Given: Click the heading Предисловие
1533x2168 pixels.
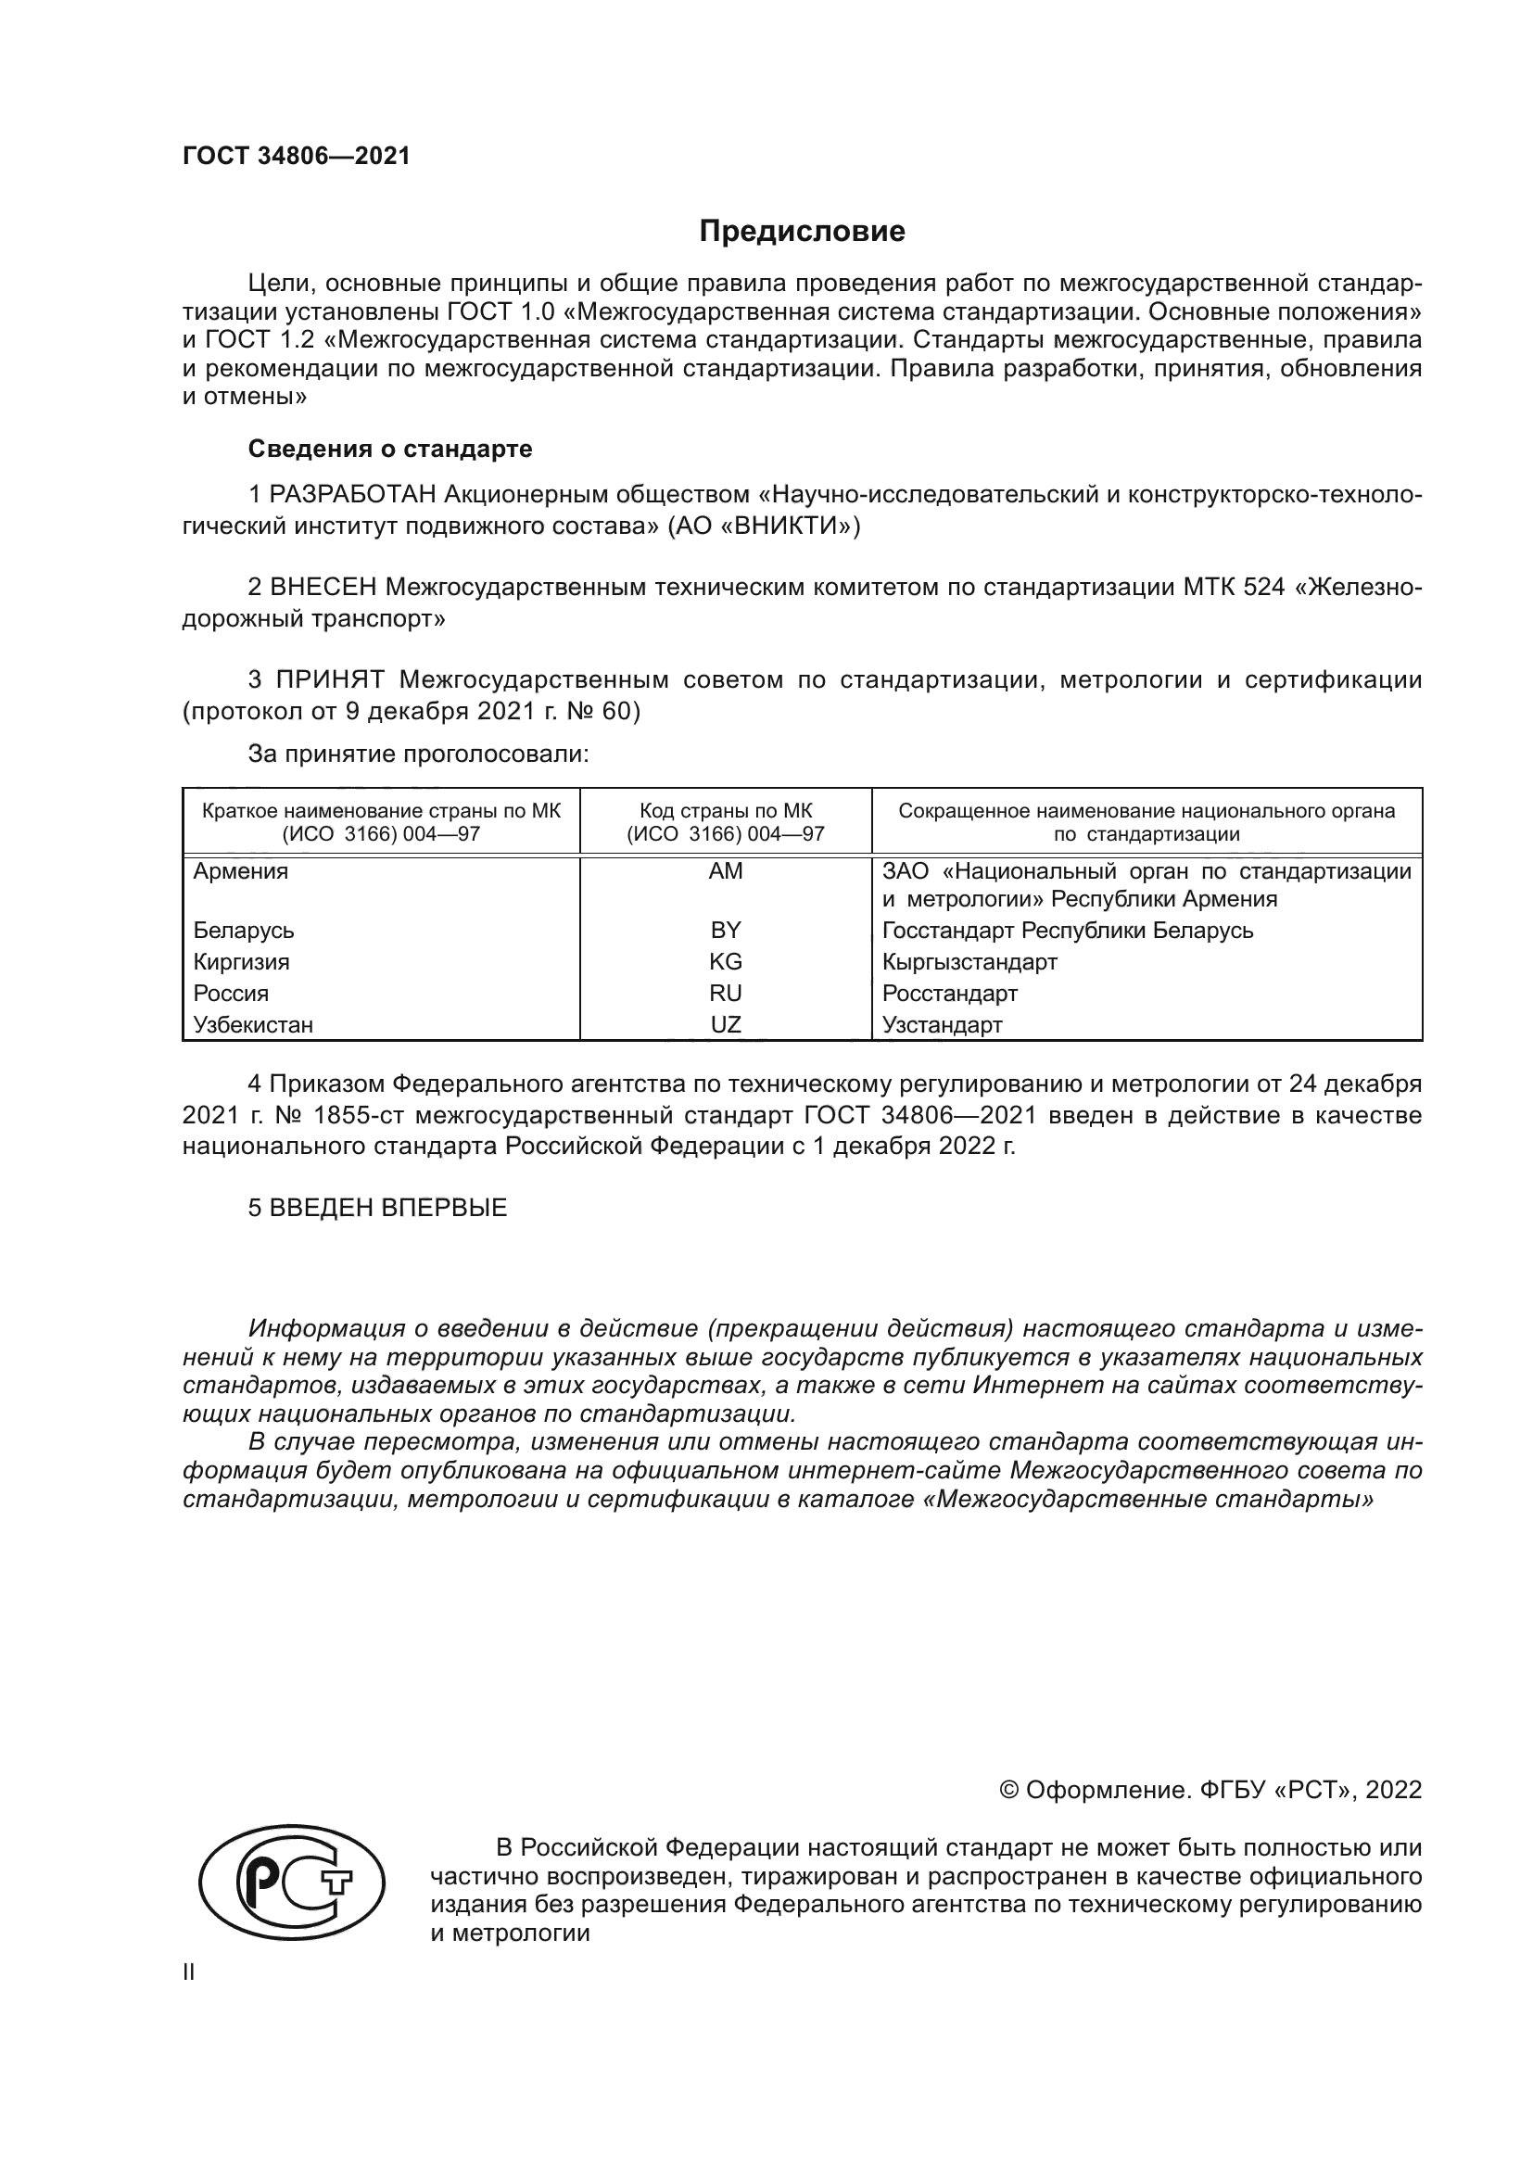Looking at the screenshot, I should click(802, 232).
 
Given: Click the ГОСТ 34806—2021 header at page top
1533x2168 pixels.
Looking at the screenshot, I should click(297, 157).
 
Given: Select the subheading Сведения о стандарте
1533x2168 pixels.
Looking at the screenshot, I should click(390, 449).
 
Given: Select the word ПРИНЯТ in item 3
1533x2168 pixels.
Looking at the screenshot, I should click(329, 679).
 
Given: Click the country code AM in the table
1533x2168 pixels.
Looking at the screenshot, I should click(725, 871).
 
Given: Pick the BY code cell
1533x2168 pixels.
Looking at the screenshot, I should click(725, 930).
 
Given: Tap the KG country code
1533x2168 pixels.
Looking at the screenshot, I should click(725, 961).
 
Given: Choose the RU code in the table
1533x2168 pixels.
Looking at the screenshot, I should click(725, 994).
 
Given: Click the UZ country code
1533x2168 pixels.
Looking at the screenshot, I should click(725, 1024).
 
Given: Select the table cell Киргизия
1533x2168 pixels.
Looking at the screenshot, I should click(241, 962).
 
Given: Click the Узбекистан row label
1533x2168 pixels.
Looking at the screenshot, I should click(253, 1025).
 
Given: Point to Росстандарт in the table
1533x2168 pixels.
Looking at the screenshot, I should click(950, 994).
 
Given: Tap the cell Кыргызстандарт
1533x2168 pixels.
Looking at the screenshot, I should click(969, 962).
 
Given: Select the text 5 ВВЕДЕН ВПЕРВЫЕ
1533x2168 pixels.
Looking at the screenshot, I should click(377, 1208).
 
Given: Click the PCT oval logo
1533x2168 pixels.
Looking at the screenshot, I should click(292, 1883).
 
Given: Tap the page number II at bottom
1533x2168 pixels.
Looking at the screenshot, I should click(189, 1972).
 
